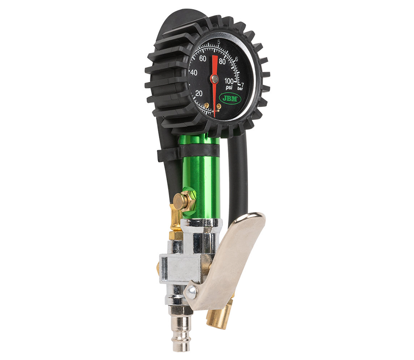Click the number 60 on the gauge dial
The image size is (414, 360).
[202, 59]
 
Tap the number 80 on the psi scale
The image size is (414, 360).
[222, 62]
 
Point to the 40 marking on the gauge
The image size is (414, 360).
[194, 72]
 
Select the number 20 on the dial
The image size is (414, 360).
[199, 94]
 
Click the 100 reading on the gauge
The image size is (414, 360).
[229, 81]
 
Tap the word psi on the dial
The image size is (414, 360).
[229, 87]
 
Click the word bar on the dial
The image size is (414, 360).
[240, 89]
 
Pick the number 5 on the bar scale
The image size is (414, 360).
[219, 42]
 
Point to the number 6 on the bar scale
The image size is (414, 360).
[236, 59]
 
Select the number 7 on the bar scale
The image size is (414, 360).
[242, 84]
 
